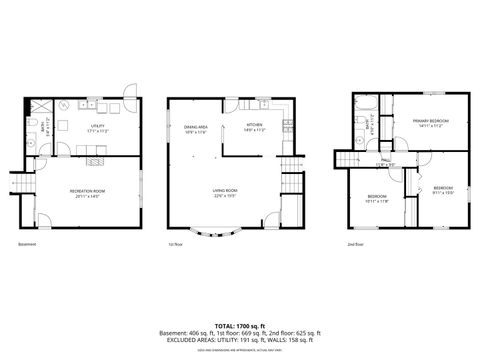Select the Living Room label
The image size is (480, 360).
tap(223, 192)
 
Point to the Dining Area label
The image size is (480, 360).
tap(195, 129)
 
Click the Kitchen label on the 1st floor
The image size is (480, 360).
tap(254, 129)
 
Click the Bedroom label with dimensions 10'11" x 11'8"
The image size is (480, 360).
tap(376, 198)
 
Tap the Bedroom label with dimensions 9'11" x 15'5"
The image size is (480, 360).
tap(443, 190)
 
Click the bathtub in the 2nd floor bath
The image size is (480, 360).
tap(363, 103)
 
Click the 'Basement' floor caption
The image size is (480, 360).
tap(28, 244)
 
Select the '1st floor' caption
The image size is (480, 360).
tap(176, 244)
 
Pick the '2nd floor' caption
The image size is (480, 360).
tap(355, 244)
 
